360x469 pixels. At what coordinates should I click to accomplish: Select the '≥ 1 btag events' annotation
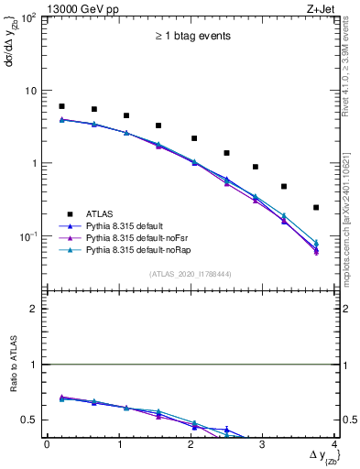click(191, 37)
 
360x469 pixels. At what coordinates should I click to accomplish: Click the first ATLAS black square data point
click(61, 106)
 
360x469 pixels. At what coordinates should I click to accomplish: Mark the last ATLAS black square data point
click(316, 208)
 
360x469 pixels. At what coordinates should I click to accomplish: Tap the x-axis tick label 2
click(191, 445)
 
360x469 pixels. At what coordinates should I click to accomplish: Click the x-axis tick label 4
click(334, 445)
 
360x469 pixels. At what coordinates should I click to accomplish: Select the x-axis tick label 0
click(47, 445)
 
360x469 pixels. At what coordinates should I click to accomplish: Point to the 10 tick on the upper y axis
click(29, 91)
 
